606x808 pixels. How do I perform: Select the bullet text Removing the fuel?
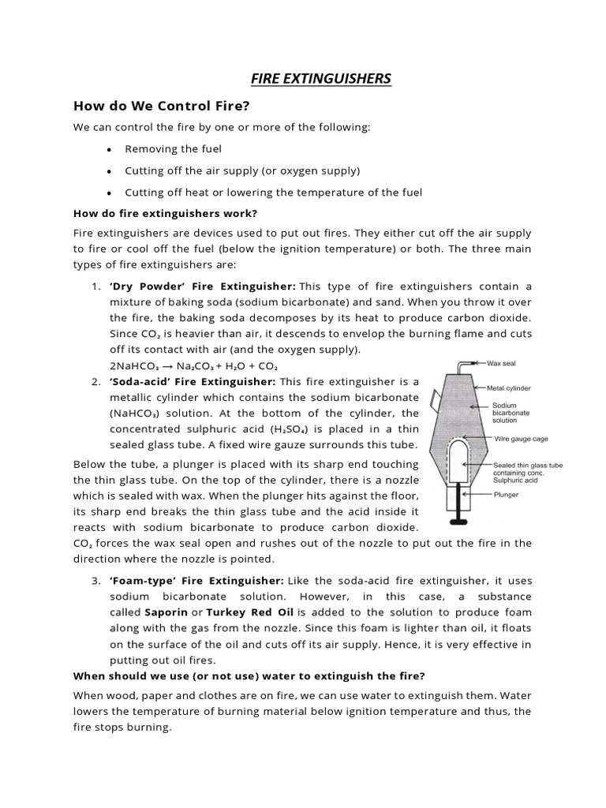tap(173, 149)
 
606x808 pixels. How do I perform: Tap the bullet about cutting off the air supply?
tap(241, 170)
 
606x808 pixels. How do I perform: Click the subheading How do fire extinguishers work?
tap(165, 213)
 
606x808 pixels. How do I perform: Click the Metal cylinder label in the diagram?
tap(509, 388)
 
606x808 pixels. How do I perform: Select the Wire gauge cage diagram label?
tap(521, 439)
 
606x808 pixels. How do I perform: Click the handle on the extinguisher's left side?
tap(435, 400)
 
